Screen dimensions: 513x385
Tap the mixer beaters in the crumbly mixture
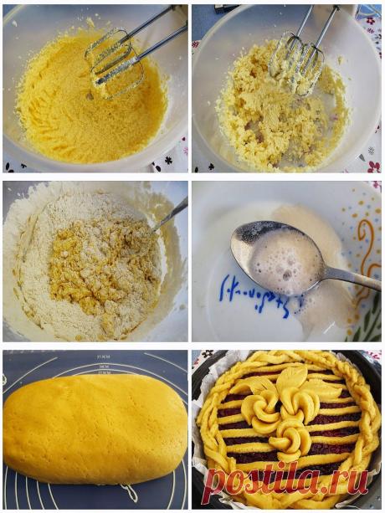click(x=297, y=59)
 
